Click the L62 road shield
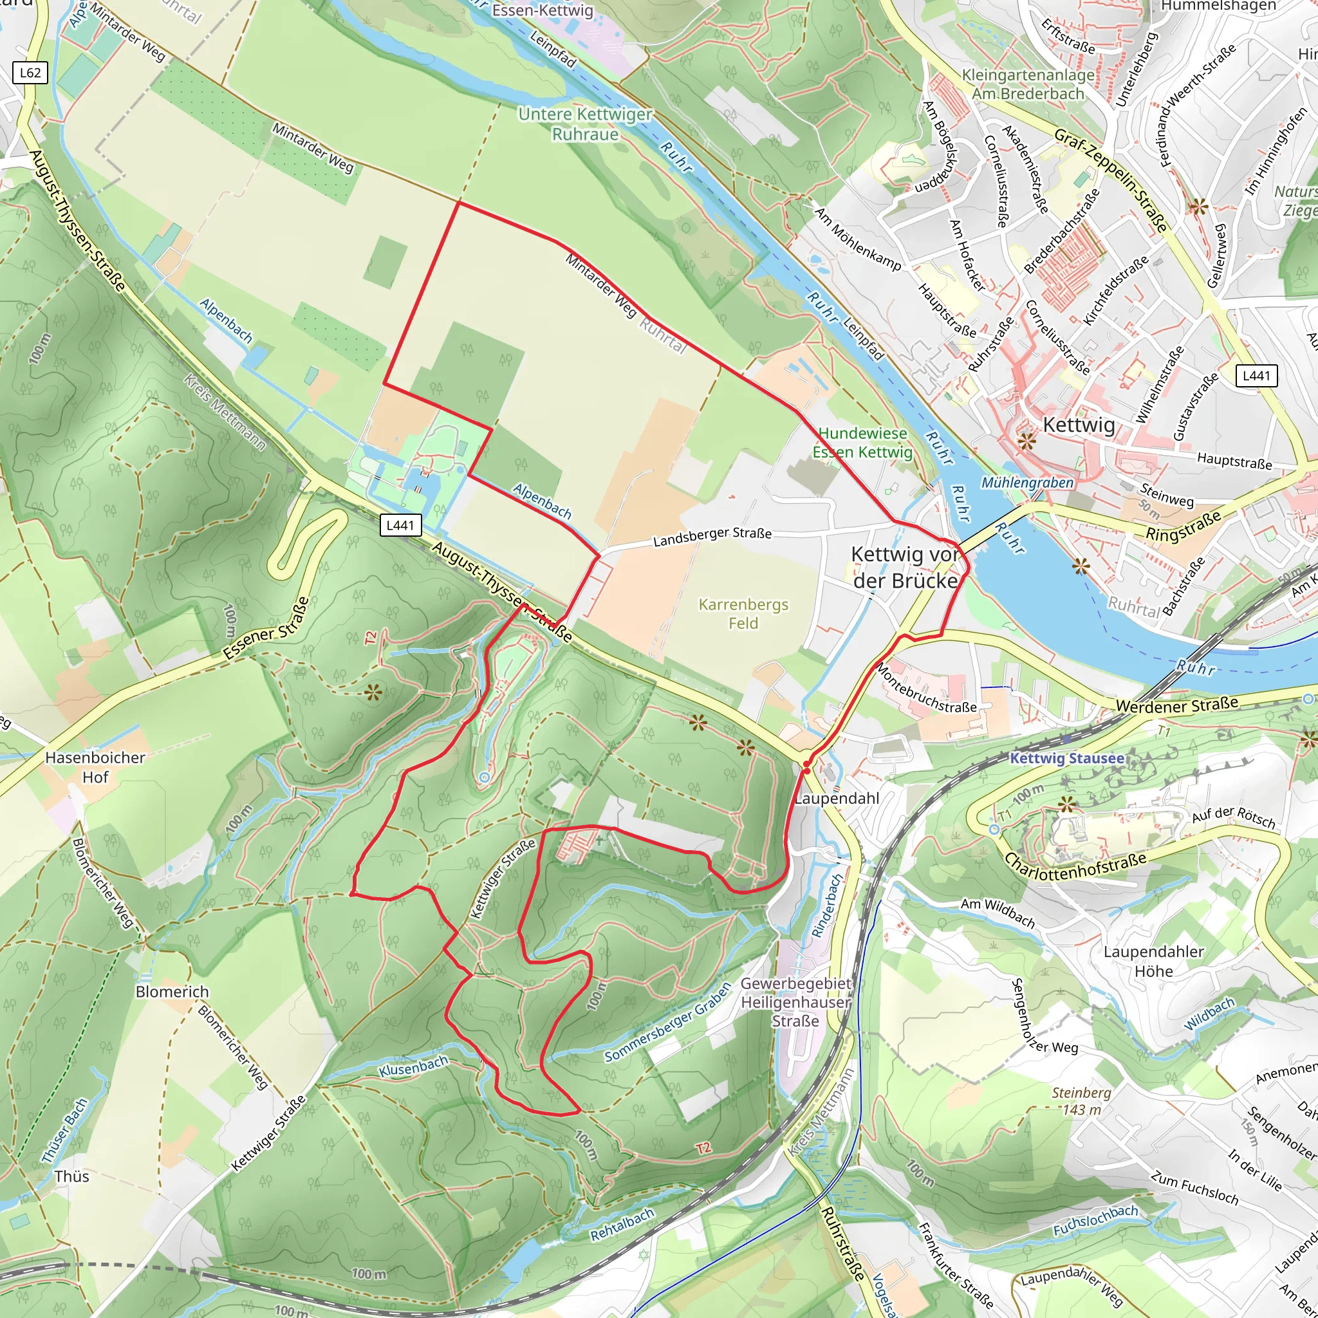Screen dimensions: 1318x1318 (x=31, y=73)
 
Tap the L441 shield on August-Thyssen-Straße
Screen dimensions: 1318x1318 (x=400, y=524)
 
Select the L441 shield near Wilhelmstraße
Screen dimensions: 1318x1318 (x=1256, y=375)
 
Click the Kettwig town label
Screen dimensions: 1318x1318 (x=1079, y=424)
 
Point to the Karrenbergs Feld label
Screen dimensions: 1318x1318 (x=743, y=613)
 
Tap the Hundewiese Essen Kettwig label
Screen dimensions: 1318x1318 (x=862, y=443)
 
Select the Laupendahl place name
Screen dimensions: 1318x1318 (x=837, y=798)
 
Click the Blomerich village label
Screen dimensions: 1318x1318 (x=172, y=991)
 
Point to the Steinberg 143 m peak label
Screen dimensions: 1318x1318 (x=1081, y=1100)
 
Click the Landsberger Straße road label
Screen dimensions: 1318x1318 (x=712, y=537)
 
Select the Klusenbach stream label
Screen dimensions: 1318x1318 (x=413, y=1066)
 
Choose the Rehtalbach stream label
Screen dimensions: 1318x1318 (x=622, y=1225)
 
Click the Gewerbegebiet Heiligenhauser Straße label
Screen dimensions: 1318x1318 (x=795, y=1002)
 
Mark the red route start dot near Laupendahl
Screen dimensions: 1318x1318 (x=806, y=770)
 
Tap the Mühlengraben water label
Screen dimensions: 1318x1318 (x=1026, y=483)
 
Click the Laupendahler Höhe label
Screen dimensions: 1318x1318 (x=1154, y=961)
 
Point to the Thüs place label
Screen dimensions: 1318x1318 (x=71, y=1176)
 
